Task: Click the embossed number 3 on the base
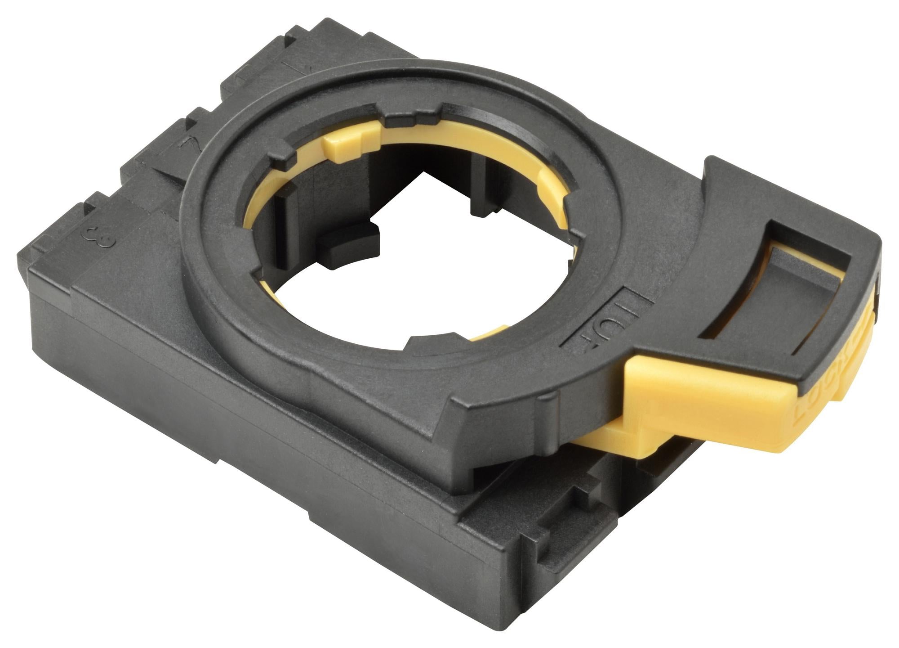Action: coord(100,238)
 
